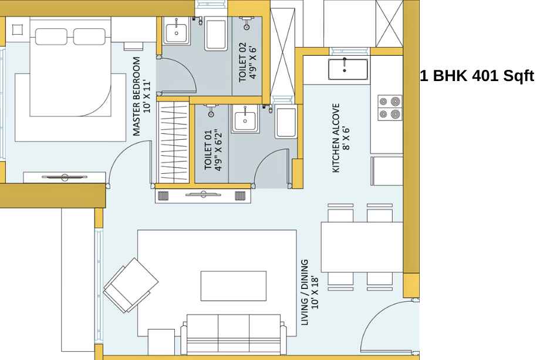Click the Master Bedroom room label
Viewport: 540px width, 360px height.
click(x=142, y=96)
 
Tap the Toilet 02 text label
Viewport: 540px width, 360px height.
click(x=248, y=62)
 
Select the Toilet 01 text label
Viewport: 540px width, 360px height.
click(x=213, y=150)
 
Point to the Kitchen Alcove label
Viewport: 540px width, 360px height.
click(x=341, y=138)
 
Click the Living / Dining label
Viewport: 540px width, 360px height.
click(x=310, y=292)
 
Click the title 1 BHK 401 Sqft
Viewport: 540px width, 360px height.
click(x=477, y=75)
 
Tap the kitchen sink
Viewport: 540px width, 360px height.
click(x=348, y=69)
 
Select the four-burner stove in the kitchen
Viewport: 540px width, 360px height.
click(x=390, y=107)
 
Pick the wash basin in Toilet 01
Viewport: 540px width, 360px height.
click(x=245, y=120)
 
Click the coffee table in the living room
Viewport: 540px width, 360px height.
click(x=234, y=286)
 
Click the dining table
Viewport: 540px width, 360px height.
click(x=362, y=247)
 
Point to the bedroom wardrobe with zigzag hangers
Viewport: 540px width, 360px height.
click(x=173, y=142)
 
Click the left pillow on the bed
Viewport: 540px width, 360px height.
click(x=51, y=36)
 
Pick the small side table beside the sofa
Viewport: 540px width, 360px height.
click(x=161, y=342)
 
